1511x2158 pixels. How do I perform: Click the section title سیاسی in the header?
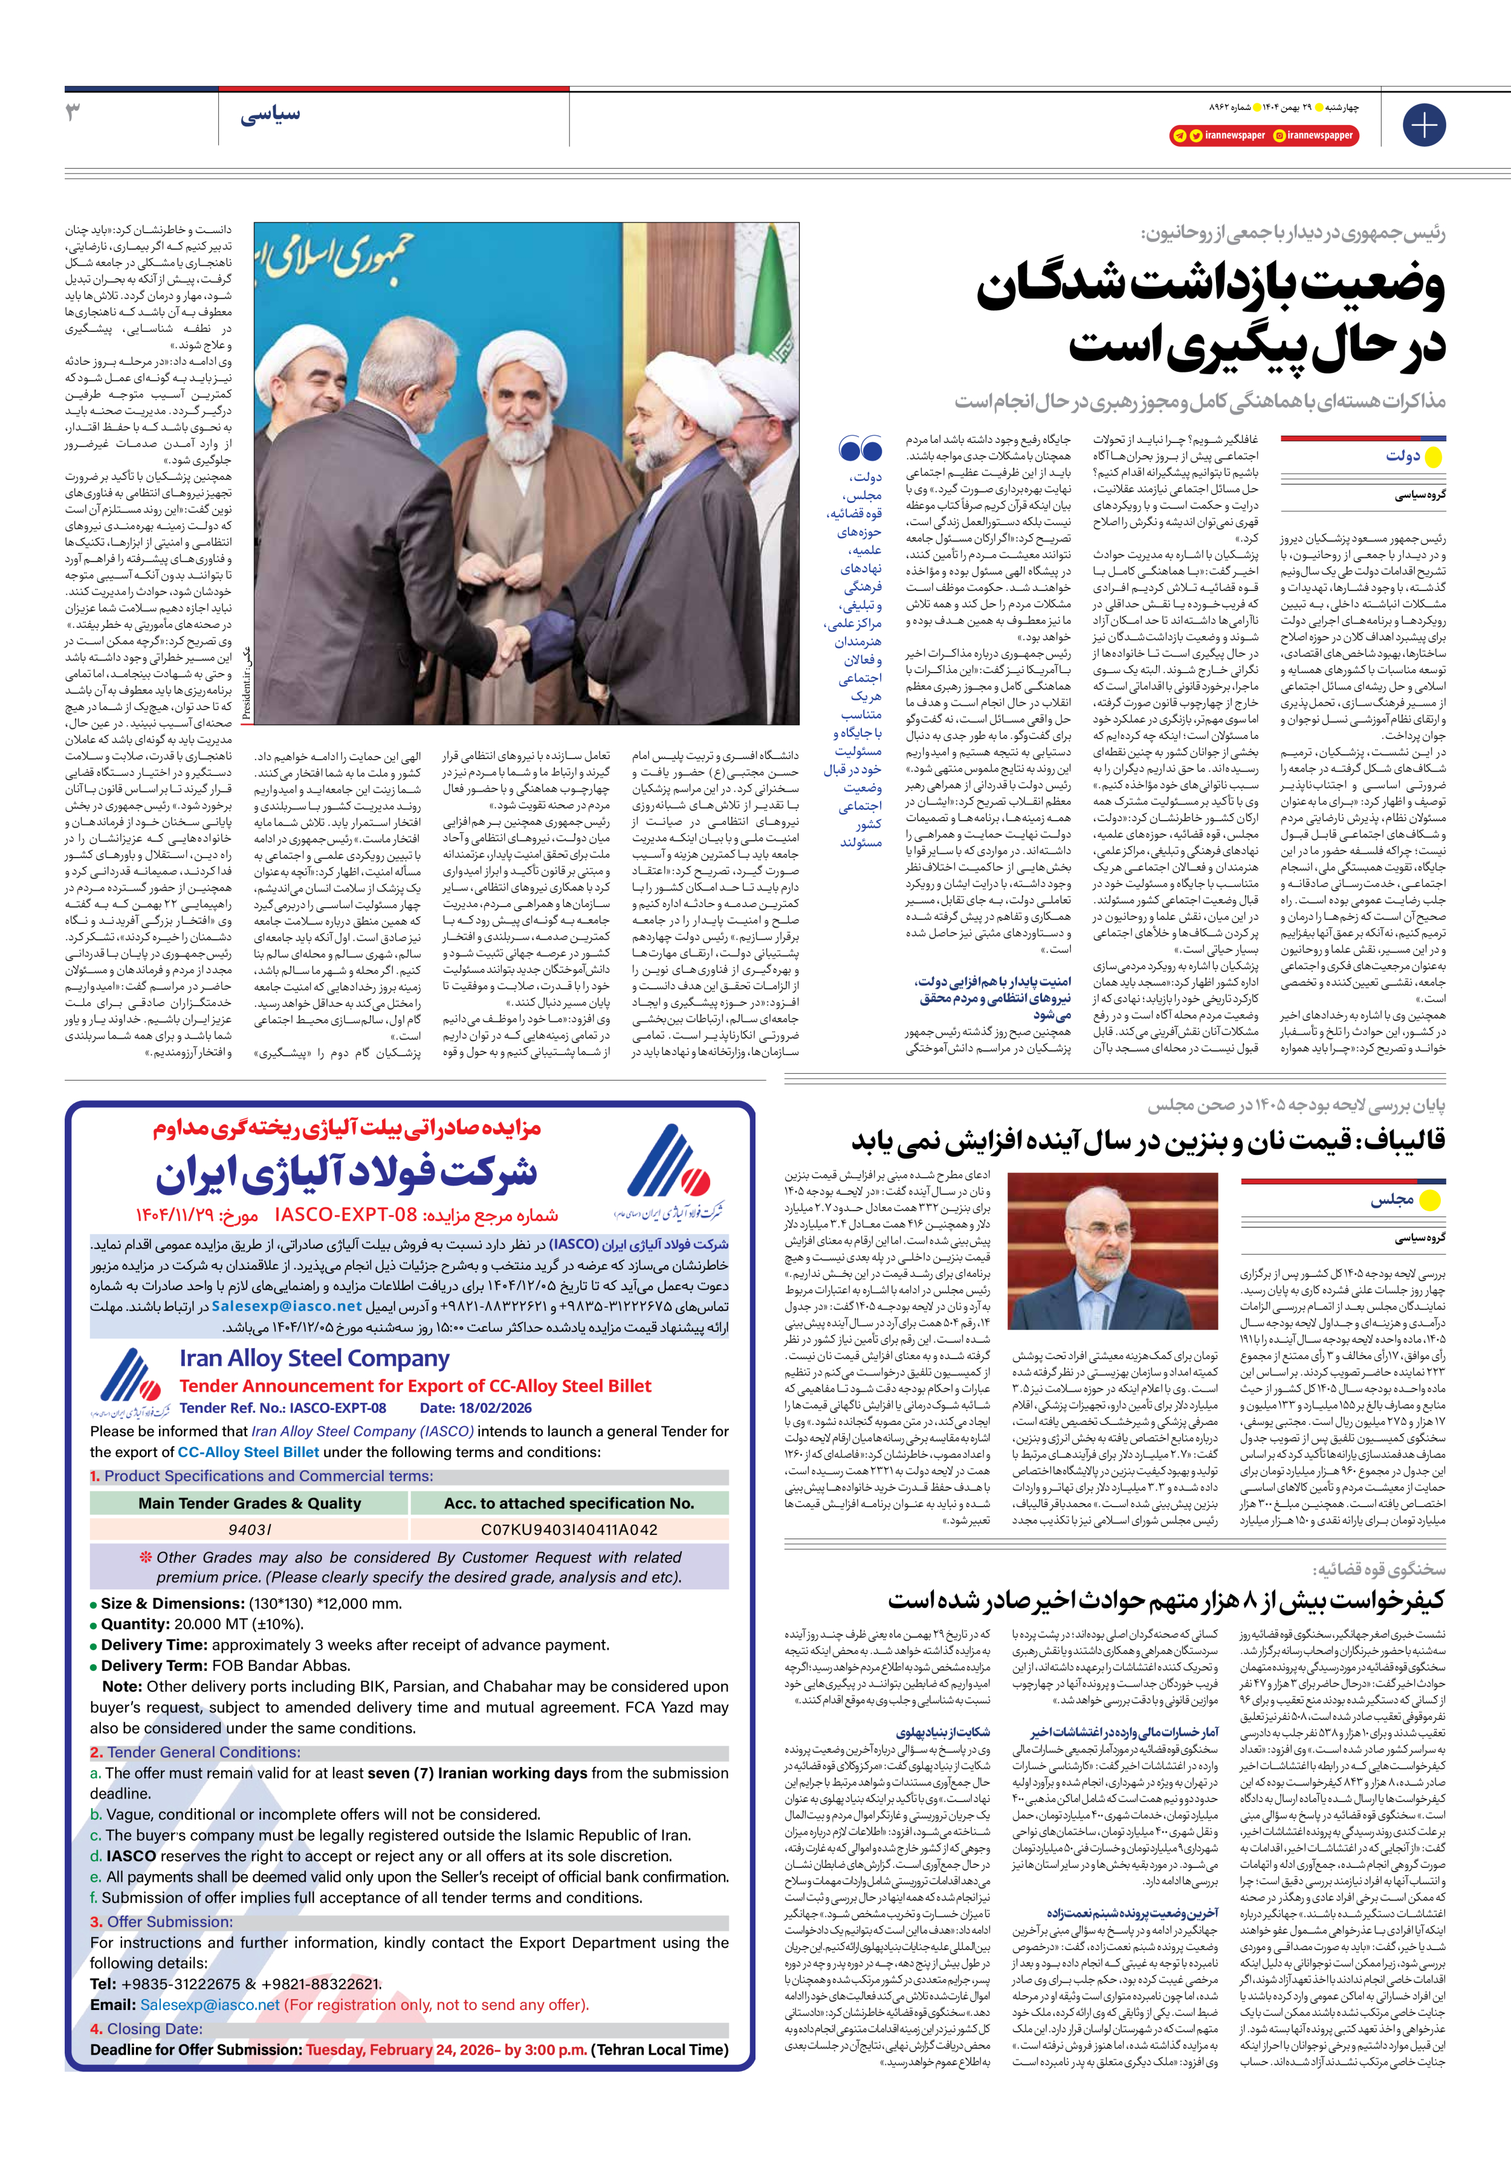[x=270, y=115]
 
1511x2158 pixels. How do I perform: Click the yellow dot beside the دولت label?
[x=1433, y=457]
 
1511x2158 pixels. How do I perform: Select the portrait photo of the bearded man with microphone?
[x=1111, y=1250]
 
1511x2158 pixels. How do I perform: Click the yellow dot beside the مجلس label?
[x=1429, y=1200]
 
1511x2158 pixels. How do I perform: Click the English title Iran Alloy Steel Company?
[x=314, y=1358]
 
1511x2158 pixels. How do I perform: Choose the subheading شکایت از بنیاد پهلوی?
[x=942, y=1731]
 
